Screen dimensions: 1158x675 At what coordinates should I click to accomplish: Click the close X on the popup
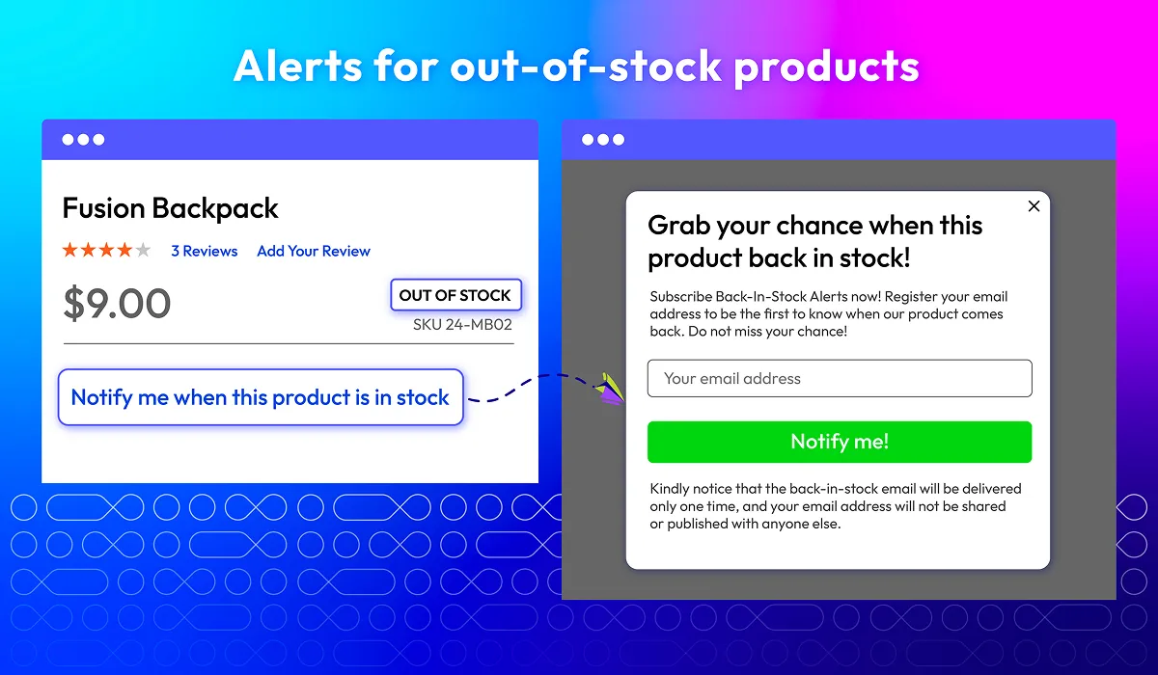pos(1034,206)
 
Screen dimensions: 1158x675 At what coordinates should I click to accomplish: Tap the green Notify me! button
pos(840,442)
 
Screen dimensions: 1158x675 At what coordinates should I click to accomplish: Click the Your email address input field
pos(840,379)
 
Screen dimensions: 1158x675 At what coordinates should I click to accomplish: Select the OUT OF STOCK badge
pos(455,295)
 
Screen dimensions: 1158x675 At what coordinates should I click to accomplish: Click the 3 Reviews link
pos(205,251)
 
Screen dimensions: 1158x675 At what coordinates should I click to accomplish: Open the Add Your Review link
pos(314,251)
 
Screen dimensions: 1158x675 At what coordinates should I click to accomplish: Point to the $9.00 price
pos(117,304)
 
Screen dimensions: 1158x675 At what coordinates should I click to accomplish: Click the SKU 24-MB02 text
pos(462,324)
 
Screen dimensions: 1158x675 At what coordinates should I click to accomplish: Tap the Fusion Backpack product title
pos(171,208)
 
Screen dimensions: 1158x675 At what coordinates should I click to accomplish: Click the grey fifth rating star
pos(143,251)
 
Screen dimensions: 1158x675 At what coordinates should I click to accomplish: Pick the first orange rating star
pos(70,251)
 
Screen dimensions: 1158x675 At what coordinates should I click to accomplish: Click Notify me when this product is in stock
pos(261,397)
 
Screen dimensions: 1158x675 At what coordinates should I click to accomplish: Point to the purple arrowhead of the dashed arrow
pos(610,390)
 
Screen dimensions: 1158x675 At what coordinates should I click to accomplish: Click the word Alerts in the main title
pos(298,67)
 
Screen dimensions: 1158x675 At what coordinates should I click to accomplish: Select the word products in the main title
pos(827,68)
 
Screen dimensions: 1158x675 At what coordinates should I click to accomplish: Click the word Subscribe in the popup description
pos(681,296)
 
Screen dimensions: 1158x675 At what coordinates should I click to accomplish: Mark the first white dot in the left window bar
pos(68,140)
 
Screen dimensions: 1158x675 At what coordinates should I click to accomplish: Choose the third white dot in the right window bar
pos(619,140)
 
